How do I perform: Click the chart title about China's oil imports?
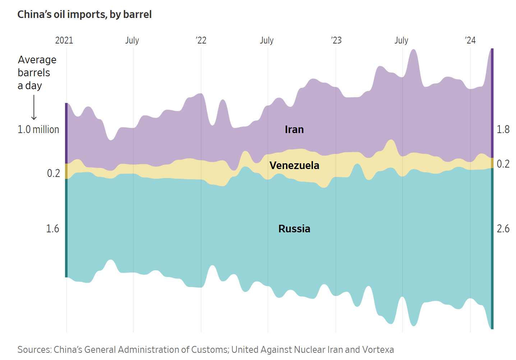click(x=84, y=14)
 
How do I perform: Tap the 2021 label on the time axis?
click(x=64, y=40)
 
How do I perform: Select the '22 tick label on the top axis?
click(x=201, y=40)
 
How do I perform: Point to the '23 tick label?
click(x=336, y=40)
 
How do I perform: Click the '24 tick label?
click(x=470, y=40)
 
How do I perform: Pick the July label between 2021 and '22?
click(x=132, y=40)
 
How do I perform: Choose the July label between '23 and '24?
click(x=401, y=40)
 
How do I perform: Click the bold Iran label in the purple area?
click(x=294, y=129)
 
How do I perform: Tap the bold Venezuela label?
click(x=294, y=165)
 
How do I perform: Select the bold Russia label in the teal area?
click(x=294, y=229)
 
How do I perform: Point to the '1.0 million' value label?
click(x=38, y=129)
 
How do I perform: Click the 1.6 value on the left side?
click(x=52, y=229)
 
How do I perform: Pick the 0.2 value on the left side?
click(x=54, y=173)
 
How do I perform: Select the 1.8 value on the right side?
click(x=503, y=129)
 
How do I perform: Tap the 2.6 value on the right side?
click(x=503, y=229)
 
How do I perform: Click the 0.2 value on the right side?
click(x=503, y=164)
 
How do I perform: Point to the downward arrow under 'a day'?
click(x=34, y=107)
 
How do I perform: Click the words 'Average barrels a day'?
click(x=37, y=73)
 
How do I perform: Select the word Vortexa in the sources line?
click(x=378, y=350)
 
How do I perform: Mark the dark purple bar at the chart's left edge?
click(x=66, y=133)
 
